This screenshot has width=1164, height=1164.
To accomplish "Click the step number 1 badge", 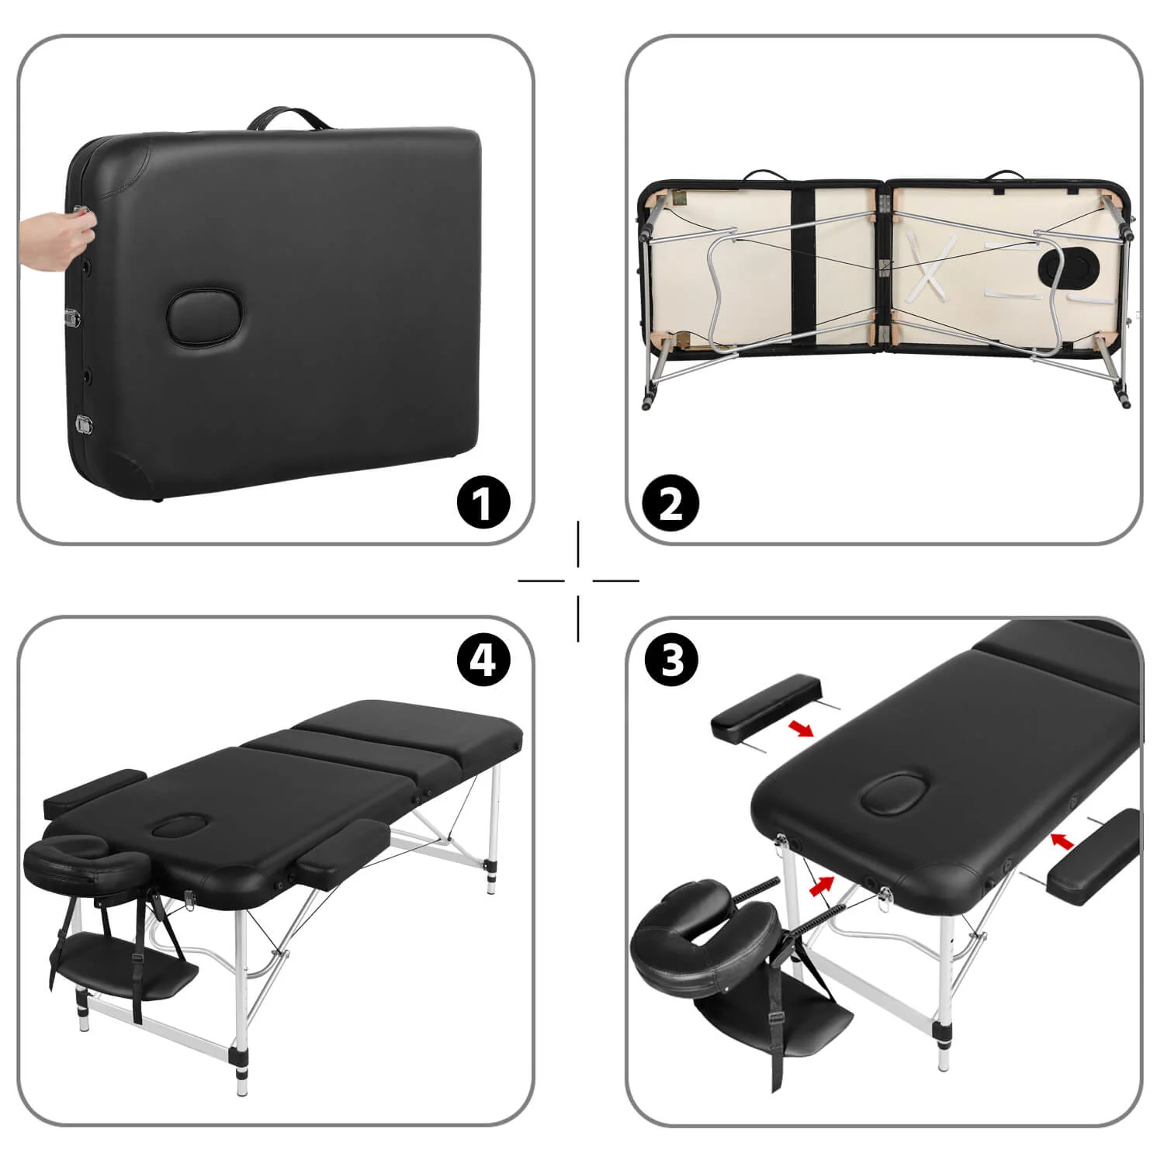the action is tap(483, 502).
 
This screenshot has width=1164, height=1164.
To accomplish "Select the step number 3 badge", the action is tap(672, 660).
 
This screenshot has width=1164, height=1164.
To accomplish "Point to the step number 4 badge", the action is tap(483, 660).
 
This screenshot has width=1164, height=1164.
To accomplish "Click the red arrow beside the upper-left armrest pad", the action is tap(801, 727).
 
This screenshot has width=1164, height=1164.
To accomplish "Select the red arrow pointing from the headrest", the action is tap(822, 885).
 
